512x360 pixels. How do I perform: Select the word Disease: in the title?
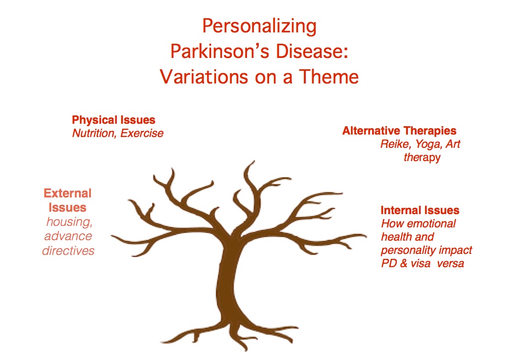(x=312, y=52)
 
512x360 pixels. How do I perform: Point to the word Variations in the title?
(x=204, y=77)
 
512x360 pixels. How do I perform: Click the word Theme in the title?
(x=329, y=77)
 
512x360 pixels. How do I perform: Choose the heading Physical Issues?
(x=113, y=120)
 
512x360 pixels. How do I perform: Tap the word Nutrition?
(x=93, y=133)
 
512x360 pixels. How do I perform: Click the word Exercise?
(x=142, y=133)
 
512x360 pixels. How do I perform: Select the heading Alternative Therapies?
(x=400, y=131)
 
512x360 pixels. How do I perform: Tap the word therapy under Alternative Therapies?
(x=422, y=158)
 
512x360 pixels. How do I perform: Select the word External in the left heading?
(x=68, y=194)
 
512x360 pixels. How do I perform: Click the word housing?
(x=69, y=222)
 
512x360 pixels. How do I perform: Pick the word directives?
(x=68, y=251)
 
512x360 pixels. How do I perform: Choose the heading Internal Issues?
(x=420, y=210)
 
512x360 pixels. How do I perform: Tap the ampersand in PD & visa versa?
(x=404, y=263)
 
